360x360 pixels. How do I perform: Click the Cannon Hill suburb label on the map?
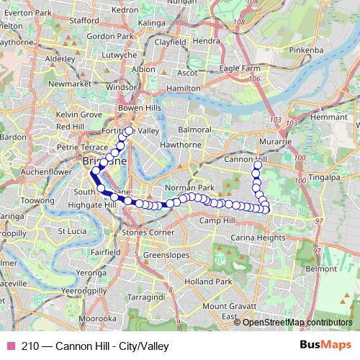pos(246,158)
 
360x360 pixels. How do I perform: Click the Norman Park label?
pos(190,187)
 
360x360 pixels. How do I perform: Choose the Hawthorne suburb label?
pos(181,144)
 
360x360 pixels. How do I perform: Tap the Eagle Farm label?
pos(238,68)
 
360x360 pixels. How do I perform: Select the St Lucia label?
pos(72,231)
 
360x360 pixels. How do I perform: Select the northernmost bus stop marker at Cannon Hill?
pos(257,166)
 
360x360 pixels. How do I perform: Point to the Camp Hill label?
pos(219,220)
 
